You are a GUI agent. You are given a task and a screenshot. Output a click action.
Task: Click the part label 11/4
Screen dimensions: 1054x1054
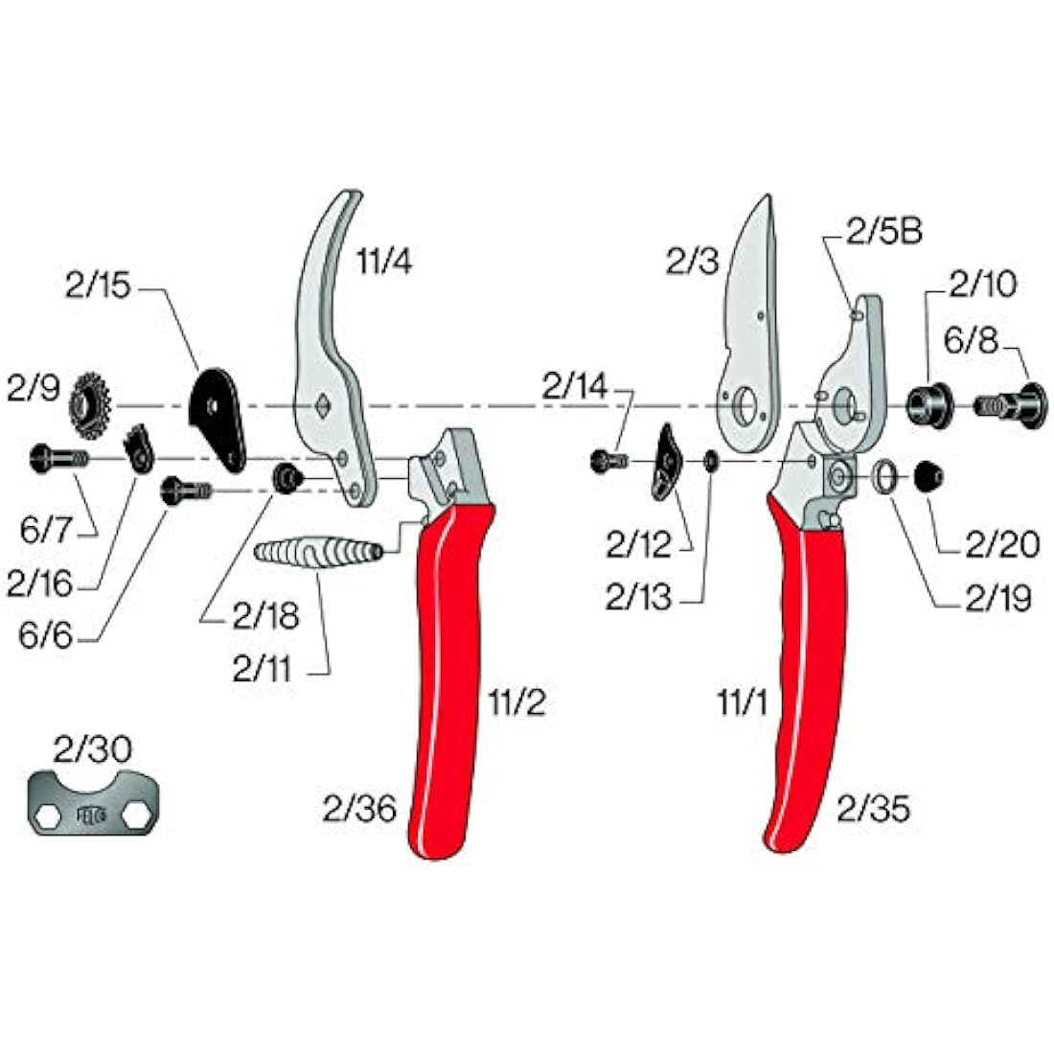(384, 260)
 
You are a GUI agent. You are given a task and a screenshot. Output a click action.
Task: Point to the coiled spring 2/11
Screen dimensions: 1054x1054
(318, 553)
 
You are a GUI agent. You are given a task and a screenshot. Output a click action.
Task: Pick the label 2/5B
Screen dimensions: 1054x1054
(883, 232)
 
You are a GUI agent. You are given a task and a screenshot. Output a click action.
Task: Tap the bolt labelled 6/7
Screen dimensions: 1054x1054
(57, 458)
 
